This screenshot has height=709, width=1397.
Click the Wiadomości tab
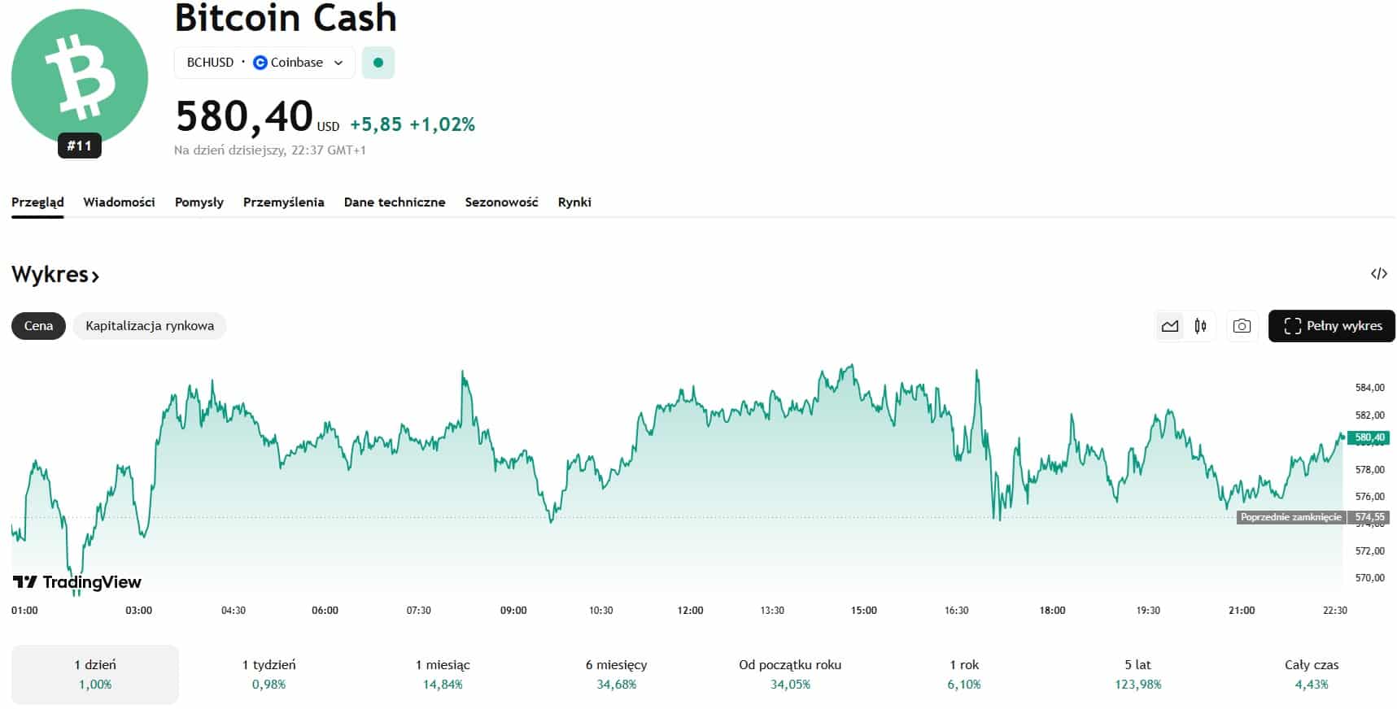(x=119, y=202)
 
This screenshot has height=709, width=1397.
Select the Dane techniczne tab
(x=395, y=202)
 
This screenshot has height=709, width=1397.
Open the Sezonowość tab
(x=501, y=202)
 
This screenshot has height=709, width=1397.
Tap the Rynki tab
(x=574, y=202)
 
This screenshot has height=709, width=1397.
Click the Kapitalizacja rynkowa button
(x=150, y=326)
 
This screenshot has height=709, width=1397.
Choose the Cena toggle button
(x=38, y=326)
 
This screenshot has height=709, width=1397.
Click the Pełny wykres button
(x=1332, y=326)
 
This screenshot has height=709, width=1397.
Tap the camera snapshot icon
(x=1242, y=326)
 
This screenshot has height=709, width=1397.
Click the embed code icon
(x=1378, y=274)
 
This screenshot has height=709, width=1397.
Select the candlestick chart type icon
(x=1200, y=326)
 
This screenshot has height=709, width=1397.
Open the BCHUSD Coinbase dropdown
(x=264, y=63)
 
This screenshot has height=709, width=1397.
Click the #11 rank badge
(x=79, y=146)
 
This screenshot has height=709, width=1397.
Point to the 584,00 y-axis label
(x=1369, y=388)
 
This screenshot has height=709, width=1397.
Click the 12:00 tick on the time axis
(x=690, y=611)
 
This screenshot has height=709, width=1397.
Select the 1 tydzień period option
(x=269, y=674)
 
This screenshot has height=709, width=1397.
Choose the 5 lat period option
(x=1137, y=674)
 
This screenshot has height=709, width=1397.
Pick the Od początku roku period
(x=790, y=674)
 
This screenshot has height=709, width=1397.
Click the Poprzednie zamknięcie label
(x=1290, y=517)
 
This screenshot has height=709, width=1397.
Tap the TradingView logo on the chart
(x=77, y=582)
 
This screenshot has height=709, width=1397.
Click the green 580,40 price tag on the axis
(x=1369, y=437)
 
